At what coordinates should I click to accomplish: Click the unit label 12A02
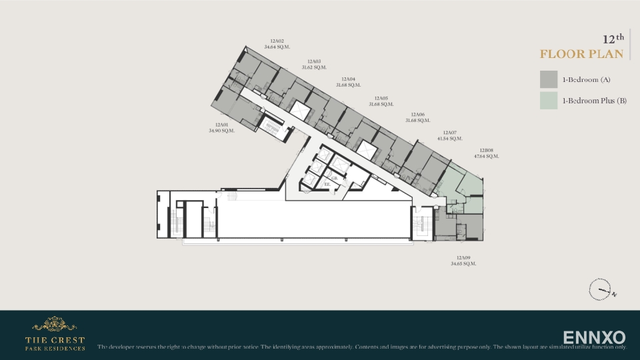tap(277, 41)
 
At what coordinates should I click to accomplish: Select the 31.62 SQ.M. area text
tap(314, 67)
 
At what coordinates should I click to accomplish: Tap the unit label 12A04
tap(348, 79)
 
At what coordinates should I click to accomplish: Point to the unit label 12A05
tap(381, 98)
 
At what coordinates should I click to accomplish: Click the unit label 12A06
tap(417, 115)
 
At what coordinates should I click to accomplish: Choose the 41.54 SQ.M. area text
tap(449, 139)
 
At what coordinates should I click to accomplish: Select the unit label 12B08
tap(486, 151)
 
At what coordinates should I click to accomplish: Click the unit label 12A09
tap(463, 258)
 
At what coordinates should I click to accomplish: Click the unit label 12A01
tap(221, 125)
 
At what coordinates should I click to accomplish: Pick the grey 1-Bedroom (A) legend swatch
tap(549, 79)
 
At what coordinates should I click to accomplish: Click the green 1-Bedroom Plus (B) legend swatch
tap(549, 101)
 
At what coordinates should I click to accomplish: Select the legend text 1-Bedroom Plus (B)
tap(594, 101)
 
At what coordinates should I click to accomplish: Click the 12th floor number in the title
tap(613, 39)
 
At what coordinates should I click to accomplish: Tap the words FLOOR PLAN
tap(581, 54)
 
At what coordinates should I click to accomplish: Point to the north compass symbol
tap(600, 289)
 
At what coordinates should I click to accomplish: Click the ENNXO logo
tap(594, 337)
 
